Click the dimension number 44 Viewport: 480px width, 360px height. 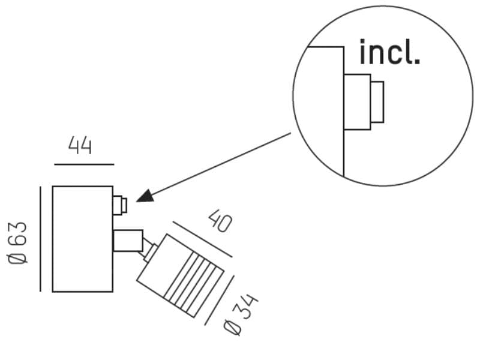pyautogui.click(x=80, y=145)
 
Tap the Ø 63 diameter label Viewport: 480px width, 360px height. pyautogui.click(x=18, y=242)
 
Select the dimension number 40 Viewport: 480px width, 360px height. pyautogui.click(x=219, y=222)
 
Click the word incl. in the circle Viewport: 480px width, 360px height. pyautogui.click(x=389, y=53)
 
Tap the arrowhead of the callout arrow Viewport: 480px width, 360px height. pyautogui.click(x=144, y=196)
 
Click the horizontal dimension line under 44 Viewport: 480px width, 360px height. pyautogui.click(x=84, y=164)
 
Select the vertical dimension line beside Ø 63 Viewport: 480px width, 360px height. pyautogui.click(x=40, y=239)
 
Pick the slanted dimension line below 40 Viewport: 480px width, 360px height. pyautogui.click(x=202, y=239)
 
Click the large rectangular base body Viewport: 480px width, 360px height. pyautogui.click(x=82, y=239)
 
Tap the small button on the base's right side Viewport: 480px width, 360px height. pyautogui.click(x=120, y=206)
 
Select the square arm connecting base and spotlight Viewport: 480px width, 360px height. pyautogui.click(x=128, y=241)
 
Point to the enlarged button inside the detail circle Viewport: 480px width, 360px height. pyautogui.click(x=364, y=101)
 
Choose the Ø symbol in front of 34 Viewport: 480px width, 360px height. pyautogui.click(x=232, y=327)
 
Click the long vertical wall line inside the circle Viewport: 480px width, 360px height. pyautogui.click(x=343, y=120)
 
